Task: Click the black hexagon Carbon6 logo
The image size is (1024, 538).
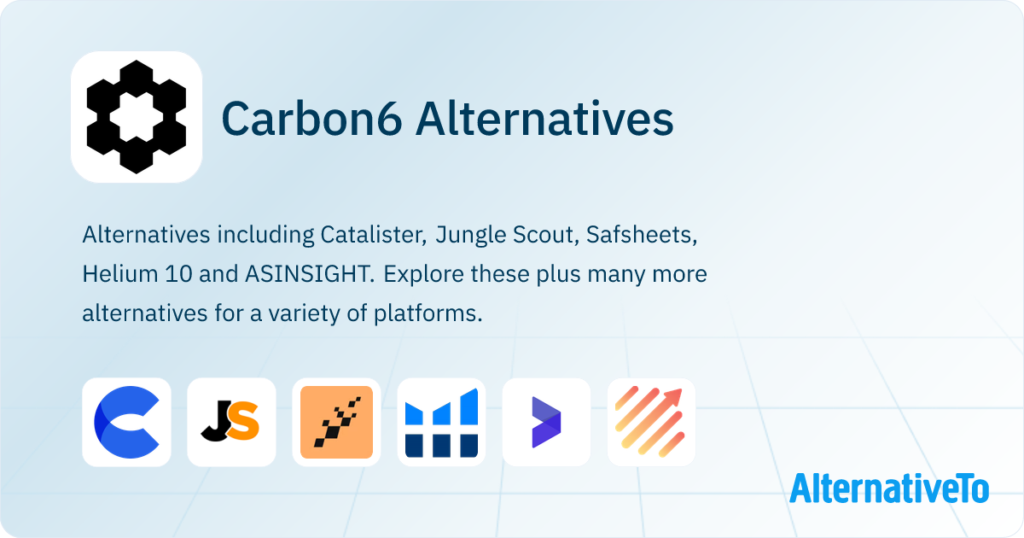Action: [x=137, y=117]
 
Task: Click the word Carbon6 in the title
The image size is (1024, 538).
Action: [x=311, y=119]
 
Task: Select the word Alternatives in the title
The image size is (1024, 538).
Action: [x=544, y=119]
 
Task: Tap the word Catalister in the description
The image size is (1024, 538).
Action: [x=374, y=234]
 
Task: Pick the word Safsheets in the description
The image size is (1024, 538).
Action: [x=642, y=234]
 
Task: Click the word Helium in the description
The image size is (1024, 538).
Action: [x=120, y=273]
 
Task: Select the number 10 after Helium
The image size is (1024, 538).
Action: [x=178, y=274]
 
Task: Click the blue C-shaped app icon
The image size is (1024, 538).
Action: [x=126, y=422]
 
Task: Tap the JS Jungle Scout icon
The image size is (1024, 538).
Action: [x=231, y=422]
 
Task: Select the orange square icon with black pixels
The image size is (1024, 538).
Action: [x=336, y=422]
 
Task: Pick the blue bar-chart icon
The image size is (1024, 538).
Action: [x=442, y=422]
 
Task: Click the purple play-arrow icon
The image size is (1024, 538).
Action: [x=546, y=422]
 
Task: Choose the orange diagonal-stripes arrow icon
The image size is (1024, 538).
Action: [x=651, y=422]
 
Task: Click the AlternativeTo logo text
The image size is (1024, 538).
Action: [x=889, y=488]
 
